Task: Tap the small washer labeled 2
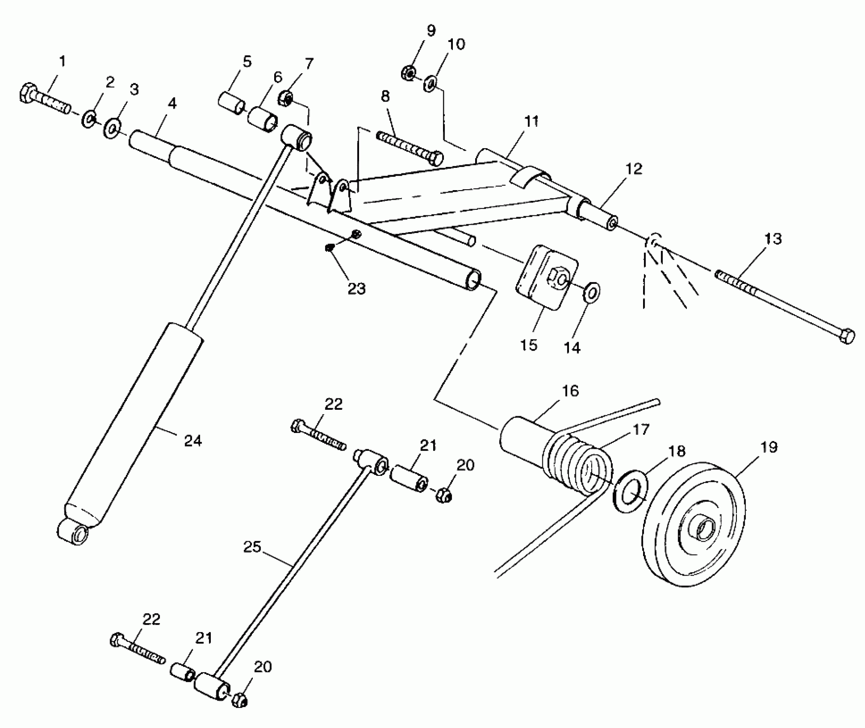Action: [89, 119]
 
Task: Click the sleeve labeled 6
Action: [263, 120]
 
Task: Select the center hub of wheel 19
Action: [703, 530]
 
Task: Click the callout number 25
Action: [252, 547]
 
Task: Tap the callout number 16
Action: [570, 391]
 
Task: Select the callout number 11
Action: [531, 122]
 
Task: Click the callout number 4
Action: [172, 104]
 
